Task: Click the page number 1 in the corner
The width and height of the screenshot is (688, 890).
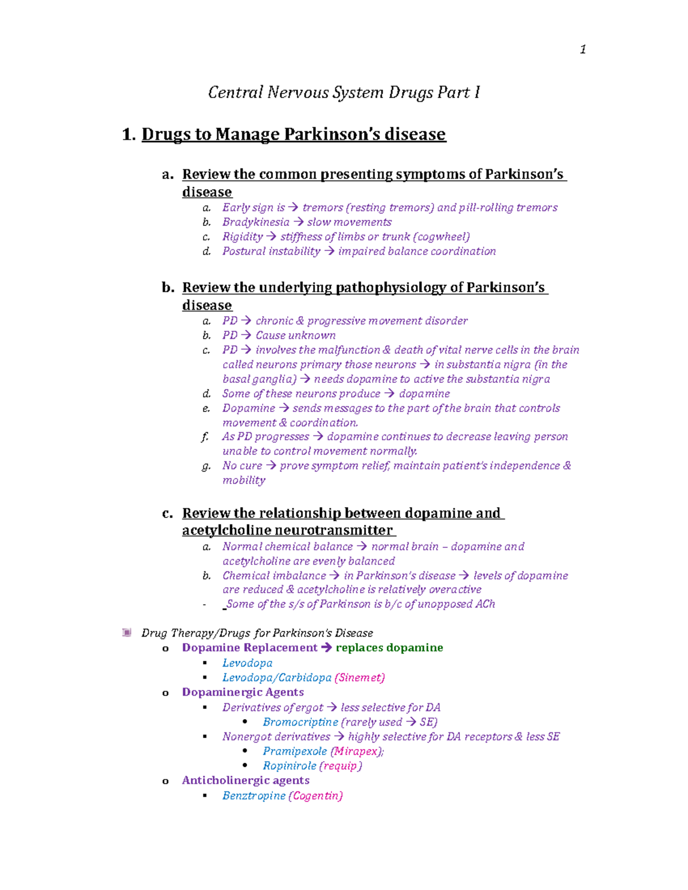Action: coord(583,50)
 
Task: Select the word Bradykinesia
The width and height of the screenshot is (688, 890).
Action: coord(256,222)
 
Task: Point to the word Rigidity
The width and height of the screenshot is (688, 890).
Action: coord(243,237)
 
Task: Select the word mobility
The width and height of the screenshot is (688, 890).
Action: coord(244,480)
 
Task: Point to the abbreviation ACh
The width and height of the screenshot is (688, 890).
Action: coord(485,604)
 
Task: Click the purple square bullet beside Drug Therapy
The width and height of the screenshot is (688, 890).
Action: coord(127,633)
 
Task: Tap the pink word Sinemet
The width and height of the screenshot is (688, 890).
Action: coord(359,677)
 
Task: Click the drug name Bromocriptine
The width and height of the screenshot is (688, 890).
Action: coord(300,722)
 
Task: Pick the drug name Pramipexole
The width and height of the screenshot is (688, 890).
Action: coord(295,751)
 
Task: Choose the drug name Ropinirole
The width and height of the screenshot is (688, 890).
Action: coord(290,766)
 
